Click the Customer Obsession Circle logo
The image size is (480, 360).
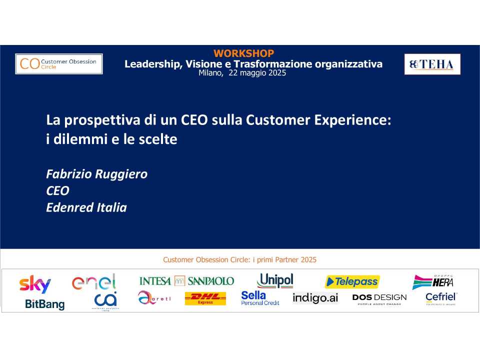(59, 64)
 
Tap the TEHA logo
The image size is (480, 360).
(432, 64)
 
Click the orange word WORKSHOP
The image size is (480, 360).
(243, 53)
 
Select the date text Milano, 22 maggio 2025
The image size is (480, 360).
(242, 73)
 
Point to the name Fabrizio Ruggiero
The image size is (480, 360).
(96, 174)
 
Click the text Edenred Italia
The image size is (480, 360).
(86, 207)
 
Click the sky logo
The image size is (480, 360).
(35, 283)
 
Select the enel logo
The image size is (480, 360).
(94, 282)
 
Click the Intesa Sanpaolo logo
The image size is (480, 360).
(186, 280)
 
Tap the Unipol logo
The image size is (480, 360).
(275, 280)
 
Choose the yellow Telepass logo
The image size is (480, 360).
(352, 282)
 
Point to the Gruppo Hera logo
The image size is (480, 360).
(433, 282)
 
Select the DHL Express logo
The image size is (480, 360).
(205, 299)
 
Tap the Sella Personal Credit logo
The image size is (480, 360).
(260, 298)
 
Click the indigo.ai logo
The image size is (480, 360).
(315, 298)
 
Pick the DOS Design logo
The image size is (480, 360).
(379, 299)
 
